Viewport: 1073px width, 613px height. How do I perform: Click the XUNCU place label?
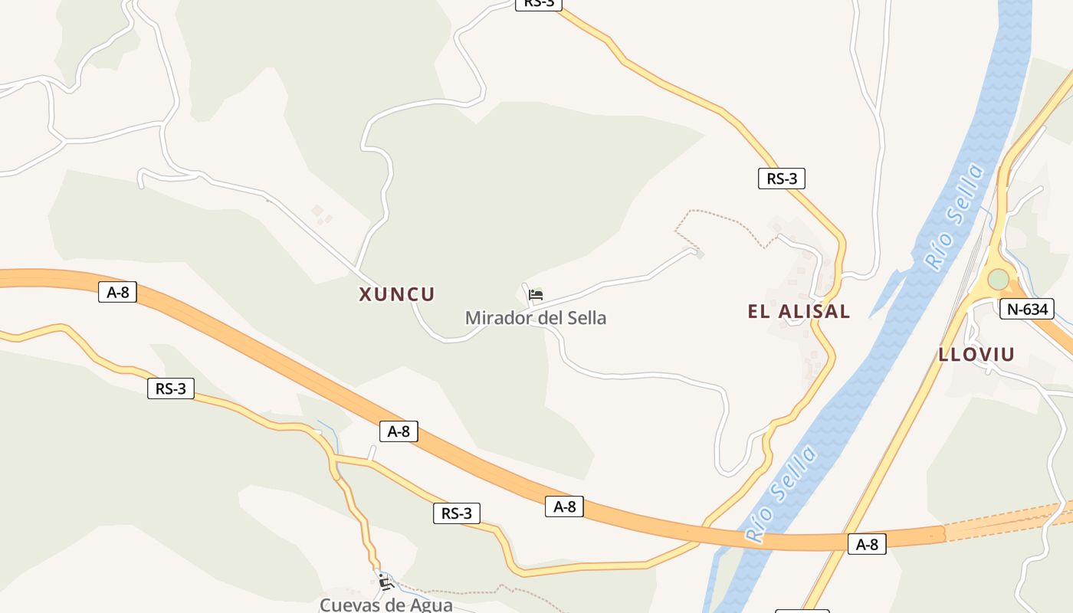pos(397,294)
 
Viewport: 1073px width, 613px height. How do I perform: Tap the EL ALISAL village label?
pos(799,311)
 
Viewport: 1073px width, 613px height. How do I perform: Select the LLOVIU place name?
pos(976,354)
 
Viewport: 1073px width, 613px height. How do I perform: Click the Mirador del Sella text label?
pos(536,317)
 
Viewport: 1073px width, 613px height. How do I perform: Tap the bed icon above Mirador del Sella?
pos(536,294)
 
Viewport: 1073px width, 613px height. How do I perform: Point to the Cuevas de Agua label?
pos(386,605)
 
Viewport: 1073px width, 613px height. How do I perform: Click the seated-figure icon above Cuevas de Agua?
pos(386,582)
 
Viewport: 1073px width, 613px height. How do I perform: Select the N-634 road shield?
pos(1027,309)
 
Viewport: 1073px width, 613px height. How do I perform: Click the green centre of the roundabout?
pos(998,280)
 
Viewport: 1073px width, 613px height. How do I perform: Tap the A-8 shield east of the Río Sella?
pos(867,544)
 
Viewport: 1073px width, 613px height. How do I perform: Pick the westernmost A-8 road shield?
pos(117,291)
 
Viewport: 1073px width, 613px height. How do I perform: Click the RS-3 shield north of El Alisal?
pos(782,179)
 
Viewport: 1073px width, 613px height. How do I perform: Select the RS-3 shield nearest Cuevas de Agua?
pos(457,513)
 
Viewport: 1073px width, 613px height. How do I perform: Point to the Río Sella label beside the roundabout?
pos(954,216)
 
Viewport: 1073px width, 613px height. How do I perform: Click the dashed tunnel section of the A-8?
pos(1004,521)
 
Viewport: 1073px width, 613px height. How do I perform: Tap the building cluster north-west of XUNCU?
pos(321,213)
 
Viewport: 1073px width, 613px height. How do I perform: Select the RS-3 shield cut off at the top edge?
pos(539,4)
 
